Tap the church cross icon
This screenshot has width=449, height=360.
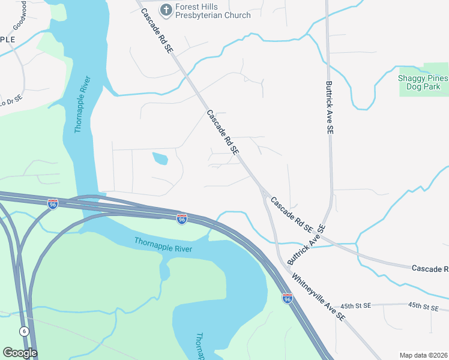pyautogui.click(x=166, y=10)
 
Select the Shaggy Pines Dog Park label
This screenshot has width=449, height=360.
pyautogui.click(x=423, y=83)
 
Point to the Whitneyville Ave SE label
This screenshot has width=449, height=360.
pyautogui.click(x=319, y=297)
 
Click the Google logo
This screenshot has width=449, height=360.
pyautogui.click(x=20, y=353)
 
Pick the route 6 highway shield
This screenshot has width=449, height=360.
pyautogui.click(x=24, y=331)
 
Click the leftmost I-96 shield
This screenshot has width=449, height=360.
pyautogui.click(x=53, y=204)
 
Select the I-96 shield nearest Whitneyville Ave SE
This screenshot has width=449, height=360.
pyautogui.click(x=287, y=297)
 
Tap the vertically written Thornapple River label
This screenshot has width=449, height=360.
pyautogui.click(x=82, y=106)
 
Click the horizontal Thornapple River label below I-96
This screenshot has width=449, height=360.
pyautogui.click(x=163, y=245)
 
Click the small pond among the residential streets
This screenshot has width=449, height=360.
pyautogui.click(x=160, y=158)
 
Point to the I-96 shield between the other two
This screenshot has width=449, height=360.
pyautogui.click(x=181, y=219)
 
